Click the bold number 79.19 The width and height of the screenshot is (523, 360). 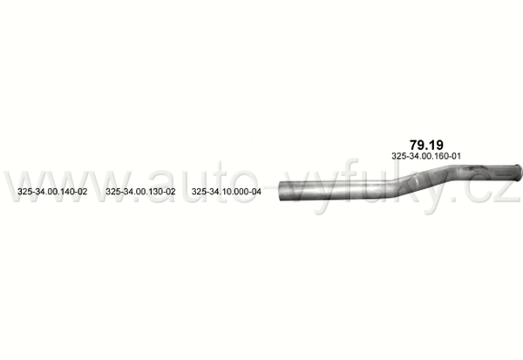click(x=426, y=146)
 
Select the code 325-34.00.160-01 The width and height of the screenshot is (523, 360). click(x=426, y=156)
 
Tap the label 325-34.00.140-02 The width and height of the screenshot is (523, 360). click(x=52, y=192)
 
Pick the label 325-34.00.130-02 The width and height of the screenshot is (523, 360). click(x=140, y=192)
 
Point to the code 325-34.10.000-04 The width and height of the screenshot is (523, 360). click(x=226, y=192)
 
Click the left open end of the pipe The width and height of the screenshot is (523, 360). click(x=281, y=191)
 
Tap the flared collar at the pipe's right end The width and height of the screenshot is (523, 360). click(x=517, y=173)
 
